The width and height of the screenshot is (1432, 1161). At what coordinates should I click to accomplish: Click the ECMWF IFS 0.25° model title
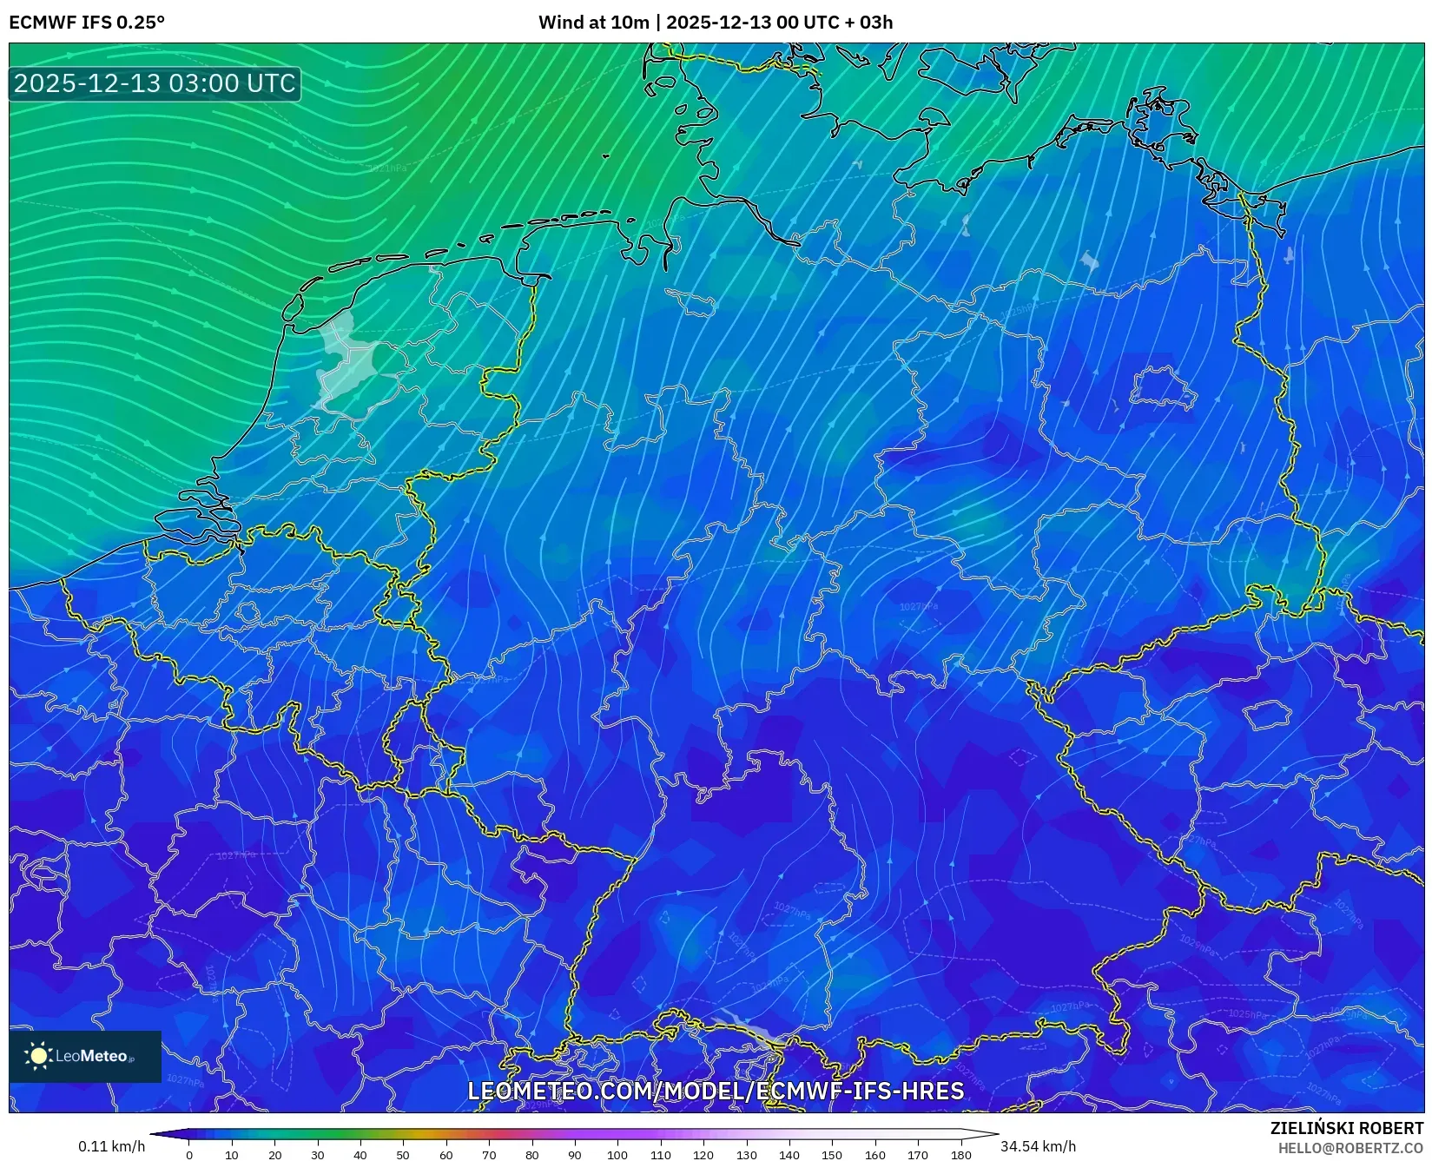click(x=86, y=23)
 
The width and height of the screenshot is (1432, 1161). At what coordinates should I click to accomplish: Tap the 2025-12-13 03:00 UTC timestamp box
click(x=155, y=83)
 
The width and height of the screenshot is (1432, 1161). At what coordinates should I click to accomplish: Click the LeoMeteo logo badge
click(x=85, y=1056)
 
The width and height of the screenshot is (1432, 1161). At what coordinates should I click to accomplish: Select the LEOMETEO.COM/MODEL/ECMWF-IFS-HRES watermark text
click(x=716, y=1091)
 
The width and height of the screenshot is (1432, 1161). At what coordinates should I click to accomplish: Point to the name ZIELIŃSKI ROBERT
click(x=1347, y=1128)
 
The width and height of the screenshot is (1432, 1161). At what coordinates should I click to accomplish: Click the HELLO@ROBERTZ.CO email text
click(x=1350, y=1148)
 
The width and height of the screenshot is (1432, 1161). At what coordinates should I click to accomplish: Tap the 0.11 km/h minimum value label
click(x=111, y=1146)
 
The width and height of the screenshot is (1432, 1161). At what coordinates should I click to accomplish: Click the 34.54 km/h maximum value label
click(x=1038, y=1146)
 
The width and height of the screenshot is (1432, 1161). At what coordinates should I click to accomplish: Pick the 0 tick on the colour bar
click(x=188, y=1155)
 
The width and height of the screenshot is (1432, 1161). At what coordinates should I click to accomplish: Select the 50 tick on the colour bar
click(x=403, y=1155)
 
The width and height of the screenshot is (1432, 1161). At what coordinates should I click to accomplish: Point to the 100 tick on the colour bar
click(x=617, y=1155)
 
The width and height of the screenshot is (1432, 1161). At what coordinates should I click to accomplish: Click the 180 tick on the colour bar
click(x=960, y=1155)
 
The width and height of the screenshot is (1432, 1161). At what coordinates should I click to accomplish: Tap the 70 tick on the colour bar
click(x=489, y=1155)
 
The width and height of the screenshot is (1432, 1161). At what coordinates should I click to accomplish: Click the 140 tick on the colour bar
click(x=789, y=1155)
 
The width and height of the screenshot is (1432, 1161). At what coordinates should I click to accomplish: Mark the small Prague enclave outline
click(x=1267, y=716)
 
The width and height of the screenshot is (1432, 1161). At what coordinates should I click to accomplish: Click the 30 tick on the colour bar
click(x=317, y=1155)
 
